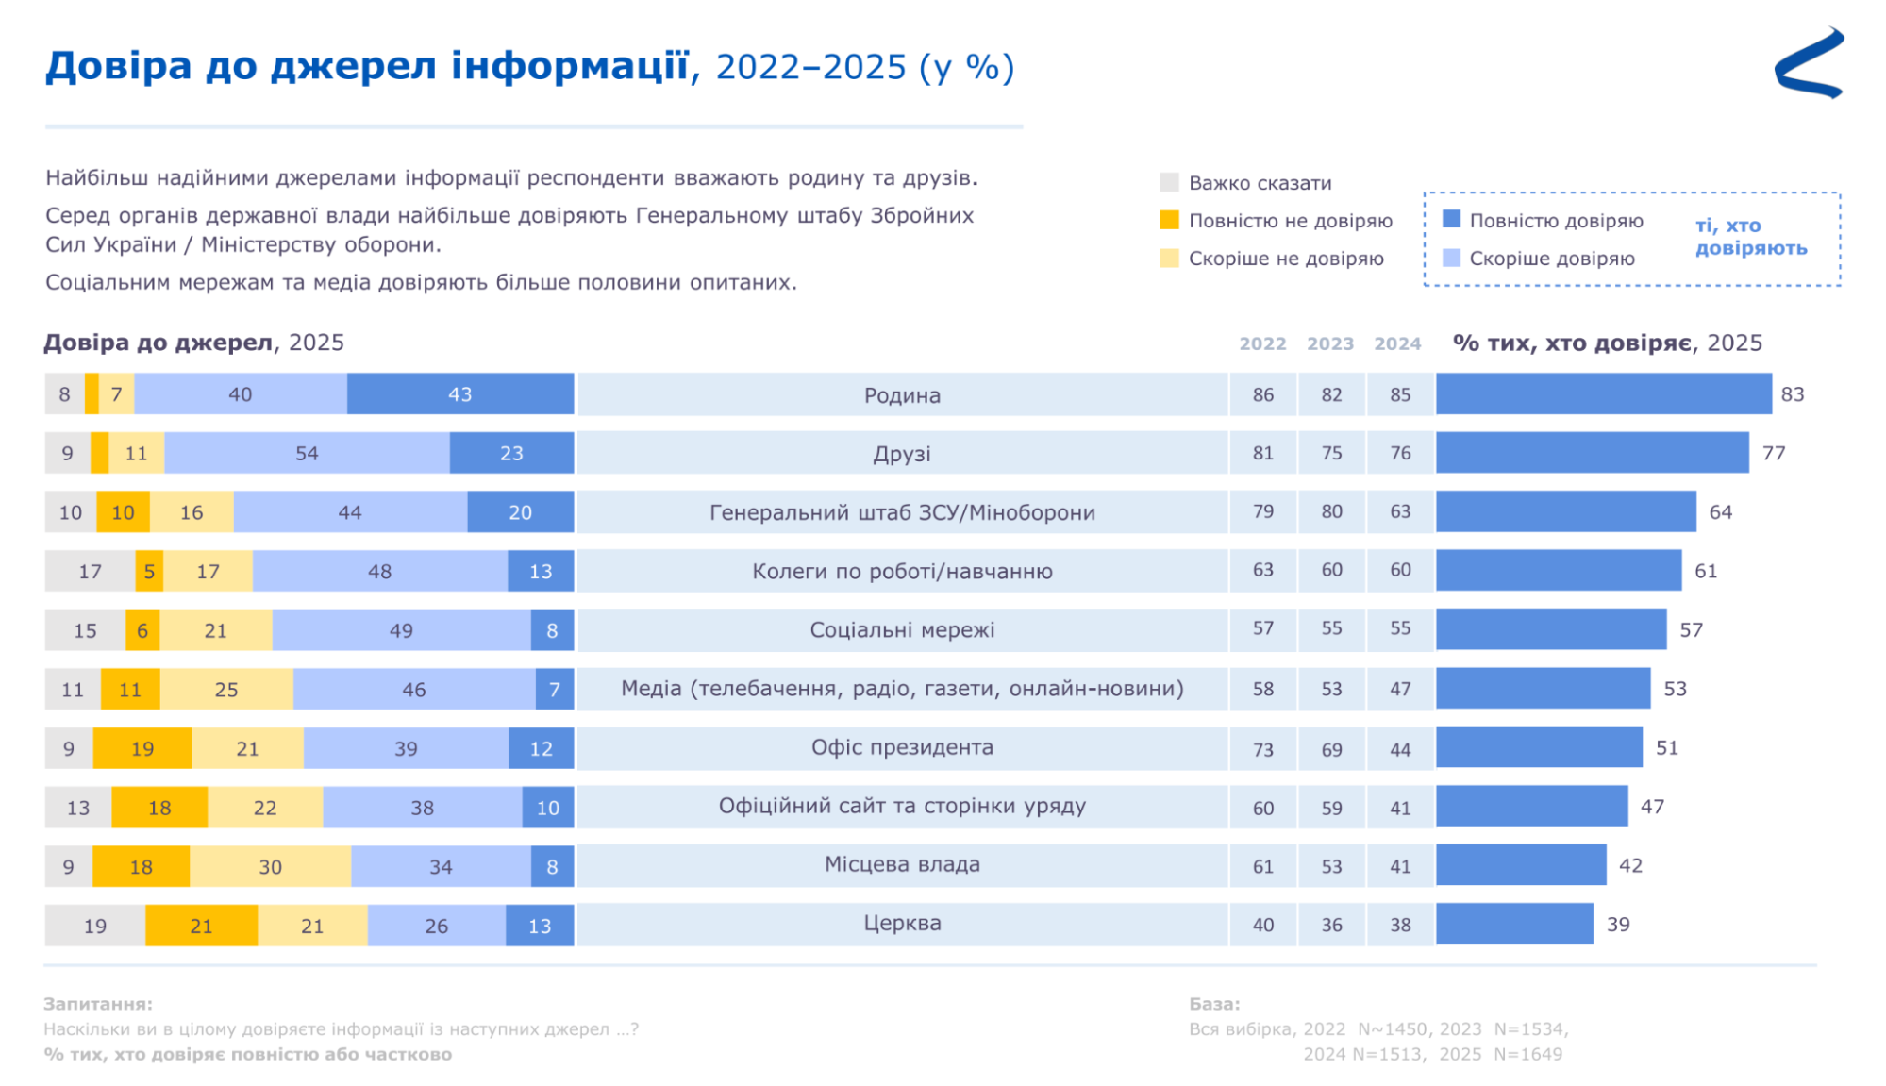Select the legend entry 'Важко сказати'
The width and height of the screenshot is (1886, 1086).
tap(1259, 183)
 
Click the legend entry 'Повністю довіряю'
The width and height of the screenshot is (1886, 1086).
tap(1555, 221)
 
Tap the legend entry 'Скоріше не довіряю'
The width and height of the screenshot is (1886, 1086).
tap(1284, 259)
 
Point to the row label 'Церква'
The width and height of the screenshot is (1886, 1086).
tap(902, 924)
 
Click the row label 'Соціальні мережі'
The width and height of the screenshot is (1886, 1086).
tap(902, 630)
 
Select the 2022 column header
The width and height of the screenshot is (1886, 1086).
tap(1262, 343)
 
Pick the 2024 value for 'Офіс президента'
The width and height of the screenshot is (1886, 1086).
tap(1400, 749)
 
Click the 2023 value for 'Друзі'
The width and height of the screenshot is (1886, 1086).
tap(1331, 453)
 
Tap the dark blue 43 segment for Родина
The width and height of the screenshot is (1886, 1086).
tap(459, 394)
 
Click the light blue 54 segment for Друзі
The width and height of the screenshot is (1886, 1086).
tap(307, 453)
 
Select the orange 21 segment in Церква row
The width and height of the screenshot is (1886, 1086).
tap(201, 926)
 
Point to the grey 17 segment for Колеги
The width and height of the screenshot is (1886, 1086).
tap(90, 571)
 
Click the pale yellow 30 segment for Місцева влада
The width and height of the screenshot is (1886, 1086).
tap(270, 866)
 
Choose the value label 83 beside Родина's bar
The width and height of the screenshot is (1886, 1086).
tap(1792, 394)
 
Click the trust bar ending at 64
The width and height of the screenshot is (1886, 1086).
tap(1565, 511)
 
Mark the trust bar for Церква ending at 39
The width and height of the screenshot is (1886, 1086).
tap(1514, 924)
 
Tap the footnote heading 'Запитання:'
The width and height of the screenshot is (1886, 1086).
tap(98, 1004)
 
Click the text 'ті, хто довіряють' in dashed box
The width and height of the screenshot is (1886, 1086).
tap(1750, 237)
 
